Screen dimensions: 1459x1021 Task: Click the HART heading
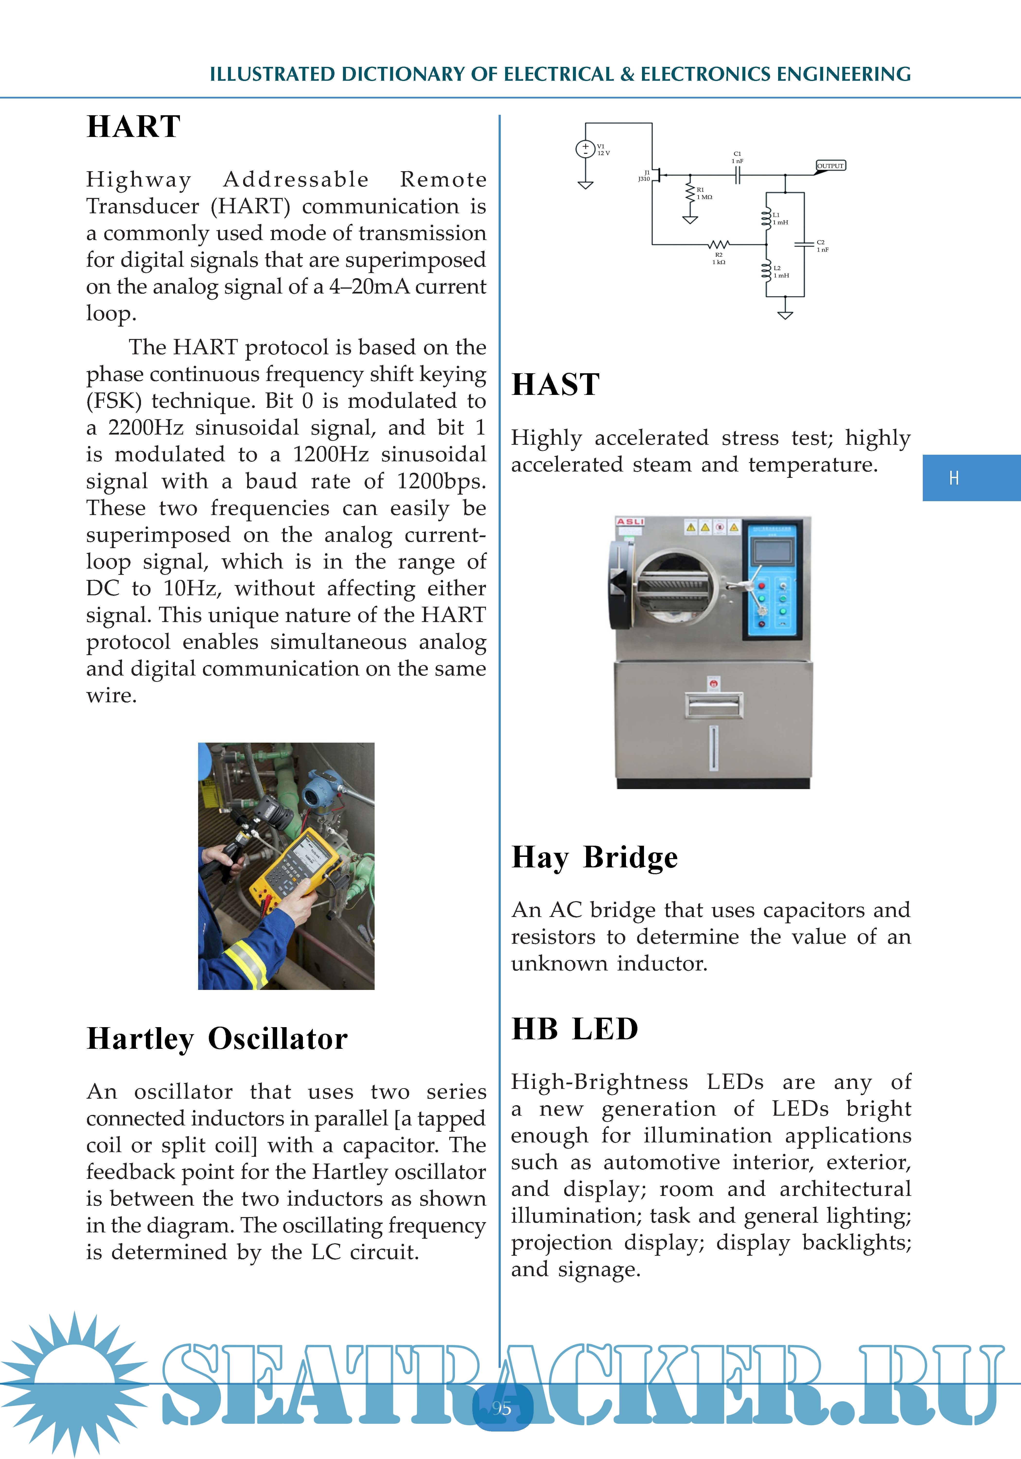[x=133, y=126]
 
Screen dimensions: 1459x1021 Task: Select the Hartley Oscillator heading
[x=217, y=1039]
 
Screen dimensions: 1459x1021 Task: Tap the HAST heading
[x=555, y=384]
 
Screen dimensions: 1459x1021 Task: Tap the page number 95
[x=502, y=1408]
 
